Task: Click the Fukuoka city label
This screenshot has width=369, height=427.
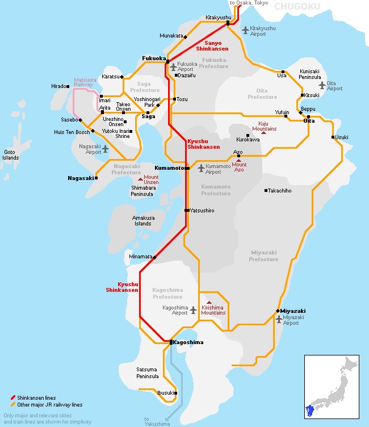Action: pyautogui.click(x=154, y=58)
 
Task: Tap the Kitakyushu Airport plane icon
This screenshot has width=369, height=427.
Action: pyautogui.click(x=245, y=30)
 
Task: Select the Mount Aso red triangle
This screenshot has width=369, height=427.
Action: pyautogui.click(x=239, y=161)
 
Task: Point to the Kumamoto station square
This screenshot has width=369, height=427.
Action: pyautogui.click(x=187, y=168)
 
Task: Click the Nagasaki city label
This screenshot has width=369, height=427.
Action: pyautogui.click(x=80, y=178)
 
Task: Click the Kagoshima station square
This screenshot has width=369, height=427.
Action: pyautogui.click(x=171, y=342)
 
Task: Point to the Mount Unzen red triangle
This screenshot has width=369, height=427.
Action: pyautogui.click(x=140, y=179)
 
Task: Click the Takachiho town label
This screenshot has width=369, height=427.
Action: pyautogui.click(x=280, y=191)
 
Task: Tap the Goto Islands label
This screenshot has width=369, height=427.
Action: pyautogui.click(x=10, y=155)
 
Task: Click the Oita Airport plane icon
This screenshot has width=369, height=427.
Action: pyautogui.click(x=322, y=85)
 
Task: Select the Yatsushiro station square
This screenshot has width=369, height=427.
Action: pyautogui.click(x=187, y=211)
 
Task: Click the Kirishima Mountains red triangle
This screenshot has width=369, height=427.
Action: pyautogui.click(x=209, y=303)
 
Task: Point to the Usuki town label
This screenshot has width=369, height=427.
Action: pyautogui.click(x=342, y=137)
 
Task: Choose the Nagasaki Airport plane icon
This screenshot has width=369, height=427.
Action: pyautogui.click(x=105, y=148)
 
